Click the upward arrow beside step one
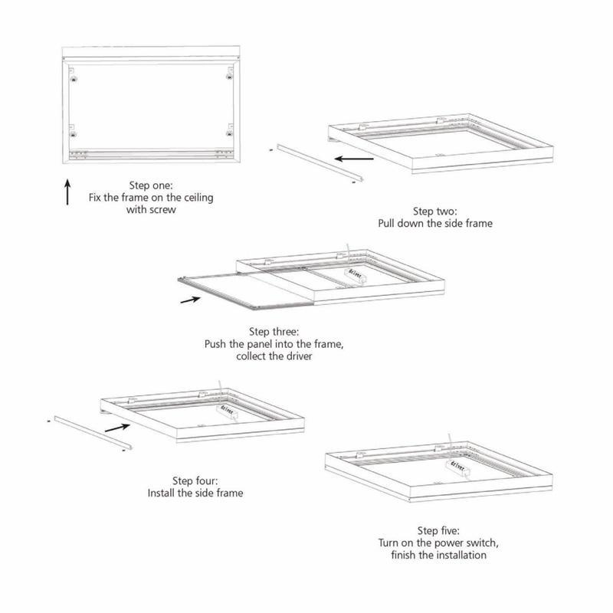tap(67, 192)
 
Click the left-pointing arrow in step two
tap(354, 159)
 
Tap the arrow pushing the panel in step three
tap(190, 300)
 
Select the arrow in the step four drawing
tap(117, 428)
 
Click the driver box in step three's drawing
tap(356, 276)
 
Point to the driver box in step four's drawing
tap(227, 411)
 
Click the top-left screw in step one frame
tap(73, 79)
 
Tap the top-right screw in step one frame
tap(229, 77)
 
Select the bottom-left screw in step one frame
tap(73, 135)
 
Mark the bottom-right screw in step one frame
tap(230, 133)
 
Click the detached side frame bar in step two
tap(320, 162)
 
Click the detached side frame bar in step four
tap(93, 432)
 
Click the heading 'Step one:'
tap(151, 185)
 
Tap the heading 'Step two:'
tap(434, 211)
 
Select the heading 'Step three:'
tap(274, 332)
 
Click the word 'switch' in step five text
tap(484, 543)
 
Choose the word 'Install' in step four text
tap(161, 493)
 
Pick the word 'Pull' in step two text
tap(386, 223)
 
